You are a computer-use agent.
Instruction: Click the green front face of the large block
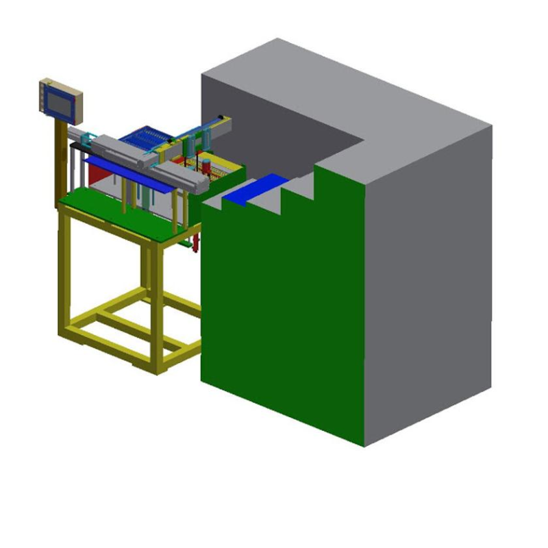click(x=281, y=308)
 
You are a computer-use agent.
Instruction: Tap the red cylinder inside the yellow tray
click(x=206, y=166)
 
